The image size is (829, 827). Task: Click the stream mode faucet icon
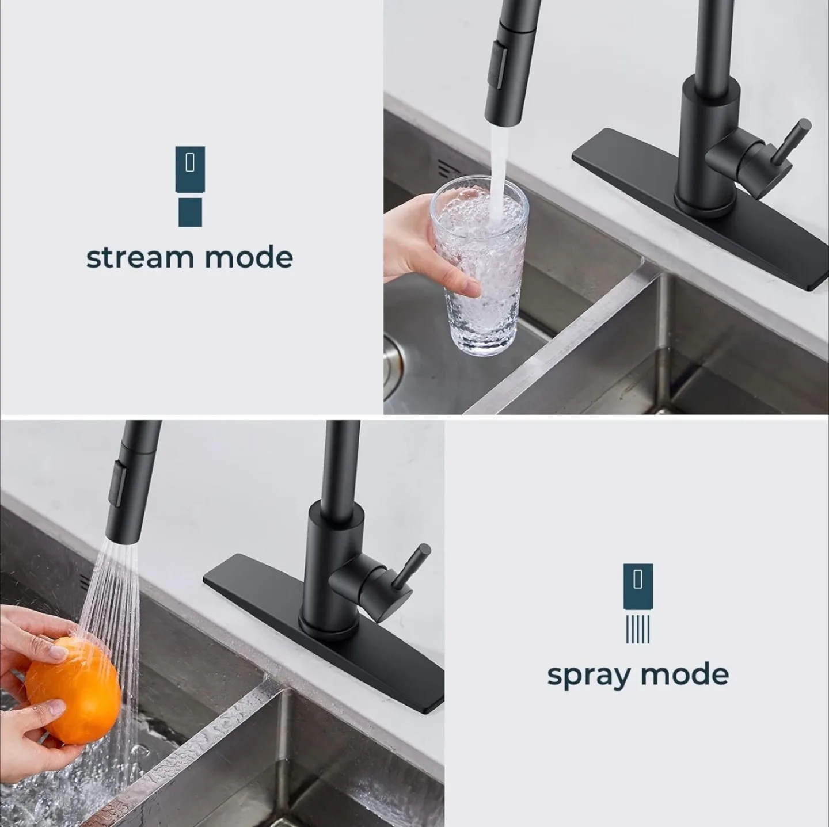[x=190, y=185]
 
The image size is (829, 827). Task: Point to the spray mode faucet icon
[x=638, y=602]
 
